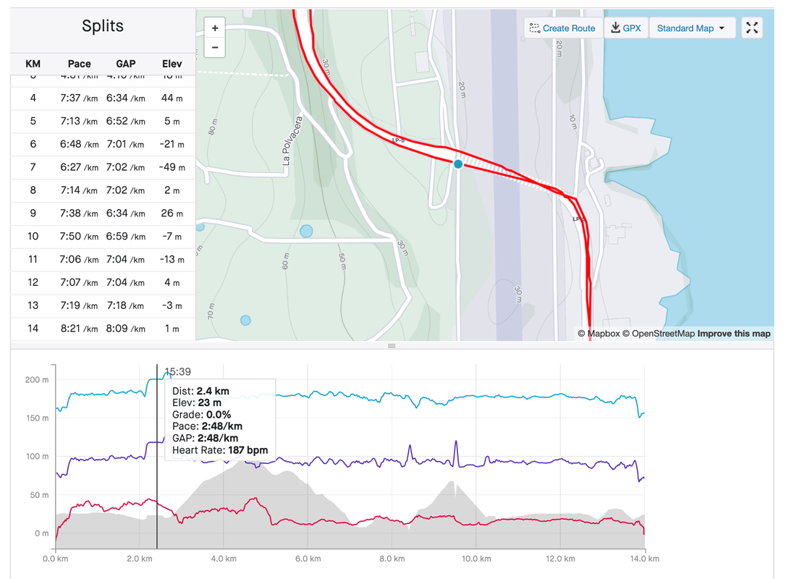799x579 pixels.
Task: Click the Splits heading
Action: (103, 27)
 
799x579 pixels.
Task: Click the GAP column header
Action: (126, 64)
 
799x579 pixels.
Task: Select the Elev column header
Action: (172, 64)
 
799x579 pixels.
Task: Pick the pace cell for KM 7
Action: (79, 167)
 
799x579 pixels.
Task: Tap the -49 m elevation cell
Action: (172, 167)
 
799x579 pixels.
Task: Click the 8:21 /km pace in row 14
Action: (79, 329)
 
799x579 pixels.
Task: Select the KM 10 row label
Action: (33, 237)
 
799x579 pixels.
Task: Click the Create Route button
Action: (562, 28)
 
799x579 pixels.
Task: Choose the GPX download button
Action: (625, 28)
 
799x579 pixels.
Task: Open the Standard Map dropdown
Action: (691, 28)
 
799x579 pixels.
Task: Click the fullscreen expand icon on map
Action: (752, 28)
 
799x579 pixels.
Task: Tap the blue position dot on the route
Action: (458, 164)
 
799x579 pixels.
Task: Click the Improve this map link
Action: (734, 334)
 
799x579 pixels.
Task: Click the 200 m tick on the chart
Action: (38, 380)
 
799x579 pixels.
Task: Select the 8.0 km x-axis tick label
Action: (392, 559)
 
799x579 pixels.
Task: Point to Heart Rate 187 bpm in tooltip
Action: (220, 450)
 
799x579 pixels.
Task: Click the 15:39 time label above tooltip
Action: (177, 371)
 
